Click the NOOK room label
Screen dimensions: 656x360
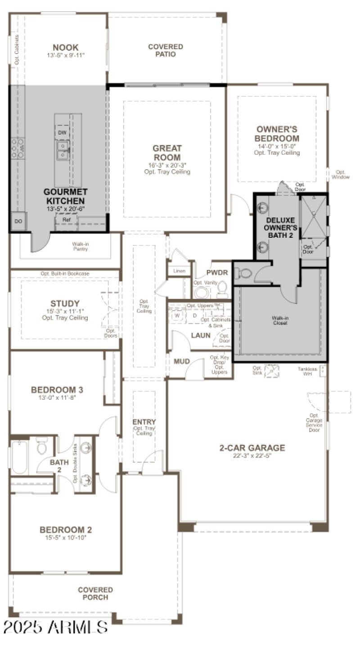[65, 47]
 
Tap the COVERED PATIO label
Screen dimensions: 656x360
[166, 50]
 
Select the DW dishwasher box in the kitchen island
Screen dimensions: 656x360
[62, 133]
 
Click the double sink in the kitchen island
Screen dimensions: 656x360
[63, 150]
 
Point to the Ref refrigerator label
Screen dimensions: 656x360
[67, 220]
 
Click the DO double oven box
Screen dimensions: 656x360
[18, 222]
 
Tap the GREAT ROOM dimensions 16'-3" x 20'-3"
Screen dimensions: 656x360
[167, 165]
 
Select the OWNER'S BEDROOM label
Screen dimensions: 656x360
[277, 134]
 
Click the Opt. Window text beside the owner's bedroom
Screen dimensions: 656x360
[340, 175]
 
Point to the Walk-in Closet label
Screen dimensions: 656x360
[280, 320]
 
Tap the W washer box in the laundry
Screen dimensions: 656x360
[177, 315]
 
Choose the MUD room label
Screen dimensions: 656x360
[182, 361]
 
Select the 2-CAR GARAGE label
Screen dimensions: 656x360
[252, 448]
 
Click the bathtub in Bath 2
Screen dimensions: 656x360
[19, 456]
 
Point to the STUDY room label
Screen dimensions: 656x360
[65, 303]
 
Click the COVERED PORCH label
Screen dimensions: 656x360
[95, 593]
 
